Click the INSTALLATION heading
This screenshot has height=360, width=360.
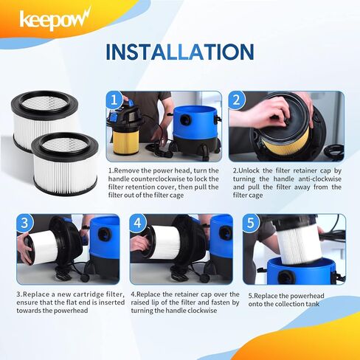click(x=179, y=52)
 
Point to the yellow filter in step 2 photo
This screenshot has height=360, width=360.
click(x=288, y=137)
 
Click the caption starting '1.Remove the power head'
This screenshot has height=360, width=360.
click(x=163, y=182)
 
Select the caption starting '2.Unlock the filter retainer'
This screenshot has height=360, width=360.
click(x=285, y=182)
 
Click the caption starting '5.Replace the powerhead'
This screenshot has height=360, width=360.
click(x=296, y=301)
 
